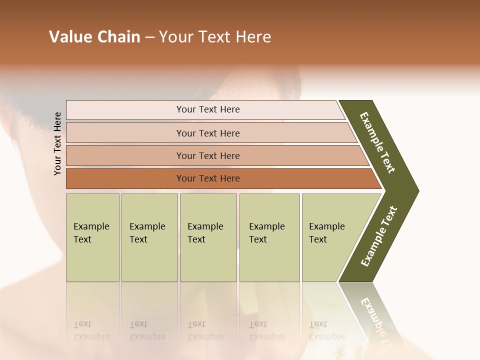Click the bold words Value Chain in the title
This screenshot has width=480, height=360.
94,37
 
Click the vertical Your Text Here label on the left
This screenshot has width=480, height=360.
57,143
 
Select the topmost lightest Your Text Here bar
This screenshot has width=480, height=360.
207,109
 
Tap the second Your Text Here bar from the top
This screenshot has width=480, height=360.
207,133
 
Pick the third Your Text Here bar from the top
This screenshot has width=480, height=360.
207,155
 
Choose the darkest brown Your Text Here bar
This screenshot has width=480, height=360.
207,178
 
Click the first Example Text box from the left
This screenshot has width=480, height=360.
92,237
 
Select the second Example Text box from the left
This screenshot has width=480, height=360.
149,237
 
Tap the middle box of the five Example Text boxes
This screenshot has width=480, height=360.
208,237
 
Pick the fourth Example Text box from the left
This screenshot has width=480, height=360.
269,237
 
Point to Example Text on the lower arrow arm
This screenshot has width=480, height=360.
379,236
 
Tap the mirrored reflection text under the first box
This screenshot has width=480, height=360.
91,330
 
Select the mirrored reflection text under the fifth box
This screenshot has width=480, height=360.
326,330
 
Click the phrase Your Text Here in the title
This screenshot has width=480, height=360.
215,37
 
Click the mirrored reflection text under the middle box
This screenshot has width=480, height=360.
205,330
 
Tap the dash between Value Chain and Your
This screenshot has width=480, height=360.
149,37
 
